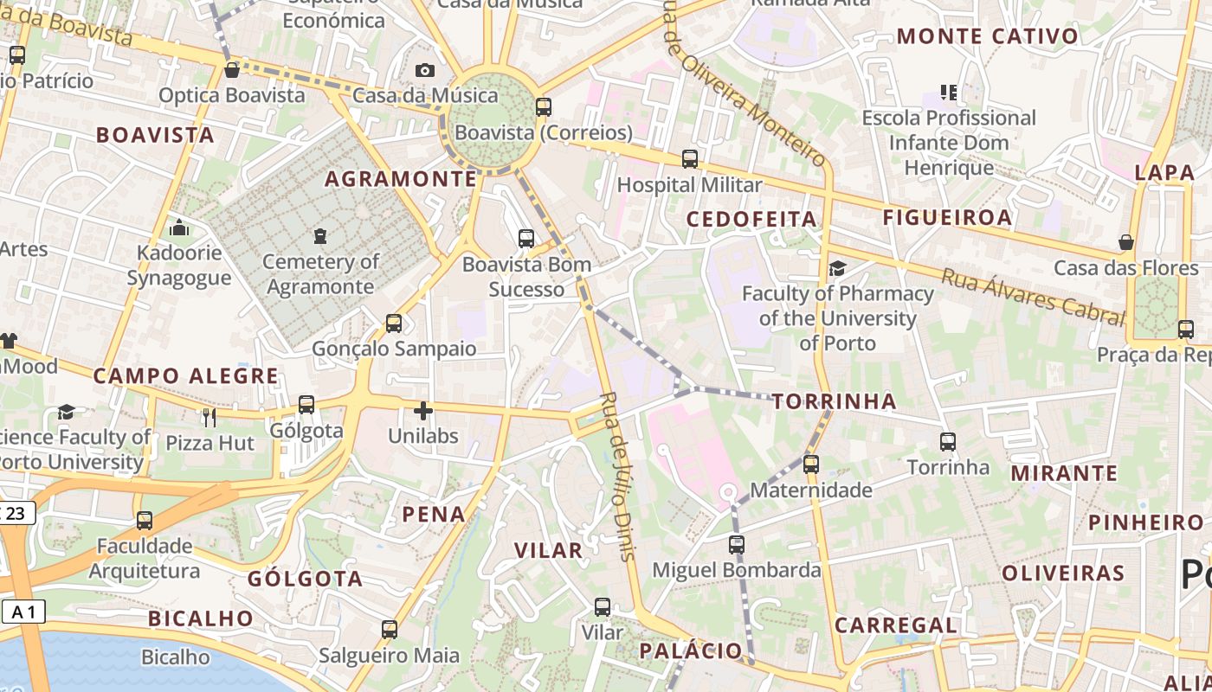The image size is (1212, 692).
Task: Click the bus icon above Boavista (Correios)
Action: click(x=543, y=107)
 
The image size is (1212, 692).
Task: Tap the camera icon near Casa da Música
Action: click(x=424, y=70)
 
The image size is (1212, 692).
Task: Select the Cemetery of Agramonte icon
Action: click(x=320, y=235)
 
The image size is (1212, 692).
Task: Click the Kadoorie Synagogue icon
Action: click(x=179, y=227)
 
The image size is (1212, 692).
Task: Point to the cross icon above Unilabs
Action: click(x=422, y=411)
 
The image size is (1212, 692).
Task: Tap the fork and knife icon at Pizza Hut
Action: click(x=209, y=418)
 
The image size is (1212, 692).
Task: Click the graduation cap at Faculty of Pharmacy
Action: click(x=836, y=268)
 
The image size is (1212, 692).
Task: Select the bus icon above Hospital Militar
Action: click(x=689, y=159)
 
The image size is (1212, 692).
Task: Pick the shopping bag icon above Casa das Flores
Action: click(x=1125, y=242)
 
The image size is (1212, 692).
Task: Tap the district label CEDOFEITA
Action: click(x=751, y=220)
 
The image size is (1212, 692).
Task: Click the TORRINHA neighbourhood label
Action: click(x=834, y=401)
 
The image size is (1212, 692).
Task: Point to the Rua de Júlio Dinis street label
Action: click(x=617, y=476)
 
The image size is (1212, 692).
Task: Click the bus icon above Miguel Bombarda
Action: click(x=736, y=545)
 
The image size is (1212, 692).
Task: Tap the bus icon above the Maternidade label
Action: click(x=810, y=465)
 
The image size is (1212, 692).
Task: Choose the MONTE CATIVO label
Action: click(x=987, y=36)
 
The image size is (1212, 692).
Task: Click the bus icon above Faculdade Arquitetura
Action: click(x=144, y=521)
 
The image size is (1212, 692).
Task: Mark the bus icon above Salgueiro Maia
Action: click(x=389, y=630)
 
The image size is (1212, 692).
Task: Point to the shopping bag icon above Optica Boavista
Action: click(x=231, y=69)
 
